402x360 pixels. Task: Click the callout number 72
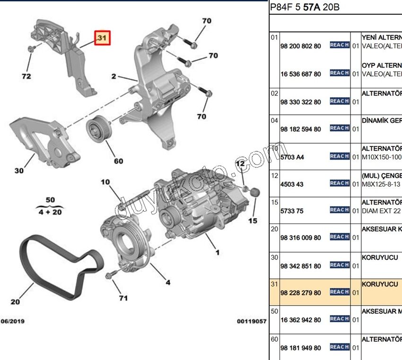click(x=26, y=76)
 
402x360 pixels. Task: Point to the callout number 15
click(x=253, y=221)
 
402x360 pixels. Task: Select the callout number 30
click(x=18, y=171)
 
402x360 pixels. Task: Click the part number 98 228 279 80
click(x=300, y=293)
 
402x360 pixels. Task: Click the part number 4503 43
click(x=292, y=184)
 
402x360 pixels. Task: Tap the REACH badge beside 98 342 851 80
click(x=340, y=265)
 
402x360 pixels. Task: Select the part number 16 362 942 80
click(x=300, y=320)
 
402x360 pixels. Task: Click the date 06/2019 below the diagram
click(x=12, y=321)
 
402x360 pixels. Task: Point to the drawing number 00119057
click(x=252, y=321)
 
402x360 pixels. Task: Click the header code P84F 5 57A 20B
click(x=305, y=8)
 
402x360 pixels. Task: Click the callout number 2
click(x=114, y=76)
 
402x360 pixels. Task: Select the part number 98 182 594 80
click(x=300, y=129)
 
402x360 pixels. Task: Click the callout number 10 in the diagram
click(x=105, y=182)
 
